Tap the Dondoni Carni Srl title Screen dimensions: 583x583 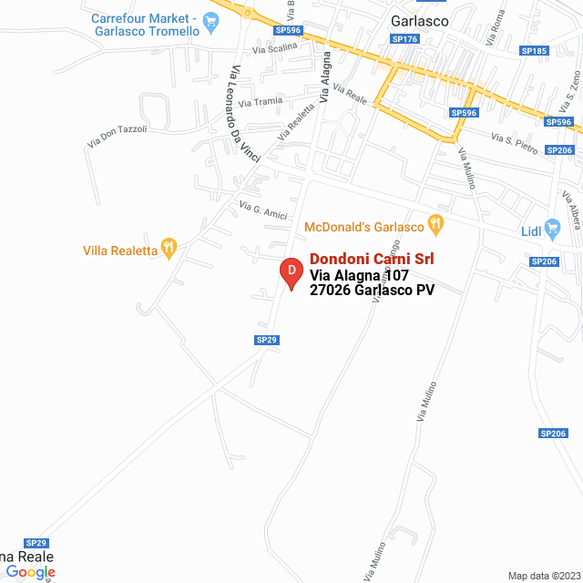pos(372,258)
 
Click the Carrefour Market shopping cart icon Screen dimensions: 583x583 pos(211,21)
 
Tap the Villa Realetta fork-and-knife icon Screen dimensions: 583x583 pos(168,247)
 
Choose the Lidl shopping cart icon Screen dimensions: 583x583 pos(551,228)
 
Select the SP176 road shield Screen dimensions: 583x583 pos(404,39)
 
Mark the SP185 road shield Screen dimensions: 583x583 pos(535,51)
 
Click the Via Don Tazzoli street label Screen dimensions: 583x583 pos(117,137)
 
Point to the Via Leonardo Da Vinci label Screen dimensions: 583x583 pos(245,114)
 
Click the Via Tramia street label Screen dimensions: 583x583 pos(261,101)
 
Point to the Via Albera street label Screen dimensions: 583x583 pos(571,210)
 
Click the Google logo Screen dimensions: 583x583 pos(30,572)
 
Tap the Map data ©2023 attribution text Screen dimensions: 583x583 pos(543,576)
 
